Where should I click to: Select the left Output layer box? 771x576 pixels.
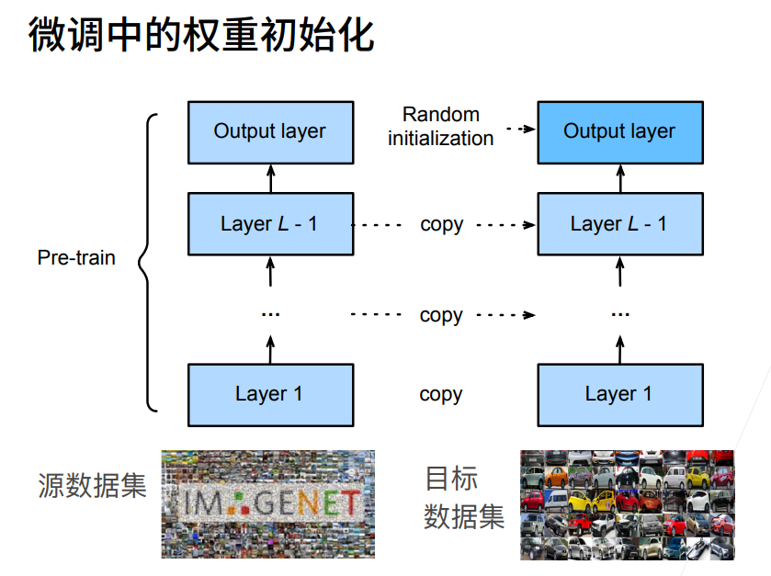pyautogui.click(x=269, y=131)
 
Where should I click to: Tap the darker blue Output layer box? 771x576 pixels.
pyautogui.click(x=619, y=131)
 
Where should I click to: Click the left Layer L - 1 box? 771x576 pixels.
pyautogui.click(x=269, y=223)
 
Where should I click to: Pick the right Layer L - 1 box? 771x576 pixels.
pyautogui.click(x=619, y=223)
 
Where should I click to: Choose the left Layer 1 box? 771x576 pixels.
pyautogui.click(x=269, y=394)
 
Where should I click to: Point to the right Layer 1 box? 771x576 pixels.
pyautogui.click(x=619, y=394)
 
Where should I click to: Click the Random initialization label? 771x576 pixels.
pyautogui.click(x=441, y=127)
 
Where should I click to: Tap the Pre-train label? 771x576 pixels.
pyautogui.click(x=76, y=257)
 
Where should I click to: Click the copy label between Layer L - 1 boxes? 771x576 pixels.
pyautogui.click(x=441, y=224)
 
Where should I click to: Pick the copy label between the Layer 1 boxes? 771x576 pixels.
pyautogui.click(x=441, y=394)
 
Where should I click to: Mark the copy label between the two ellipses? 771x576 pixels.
pyautogui.click(x=441, y=315)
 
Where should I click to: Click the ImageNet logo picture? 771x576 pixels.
pyautogui.click(x=268, y=503)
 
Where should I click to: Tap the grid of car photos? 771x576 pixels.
pyautogui.click(x=627, y=504)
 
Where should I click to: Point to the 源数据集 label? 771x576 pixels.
pyautogui.click(x=92, y=485)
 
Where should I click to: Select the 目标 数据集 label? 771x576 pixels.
pyautogui.click(x=464, y=498)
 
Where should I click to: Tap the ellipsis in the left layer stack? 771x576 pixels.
pyautogui.click(x=269, y=314)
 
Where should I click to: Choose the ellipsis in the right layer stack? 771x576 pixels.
pyautogui.click(x=619, y=314)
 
